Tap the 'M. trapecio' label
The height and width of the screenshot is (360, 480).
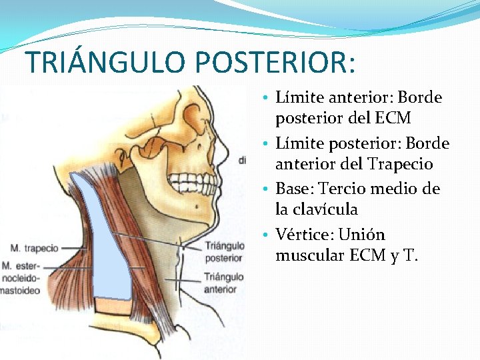point(34,249)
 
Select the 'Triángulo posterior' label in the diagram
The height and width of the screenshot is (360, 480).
point(224,252)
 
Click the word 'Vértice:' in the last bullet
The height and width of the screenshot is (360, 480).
point(303,235)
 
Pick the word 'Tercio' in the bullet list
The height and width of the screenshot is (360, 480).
point(346,189)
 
